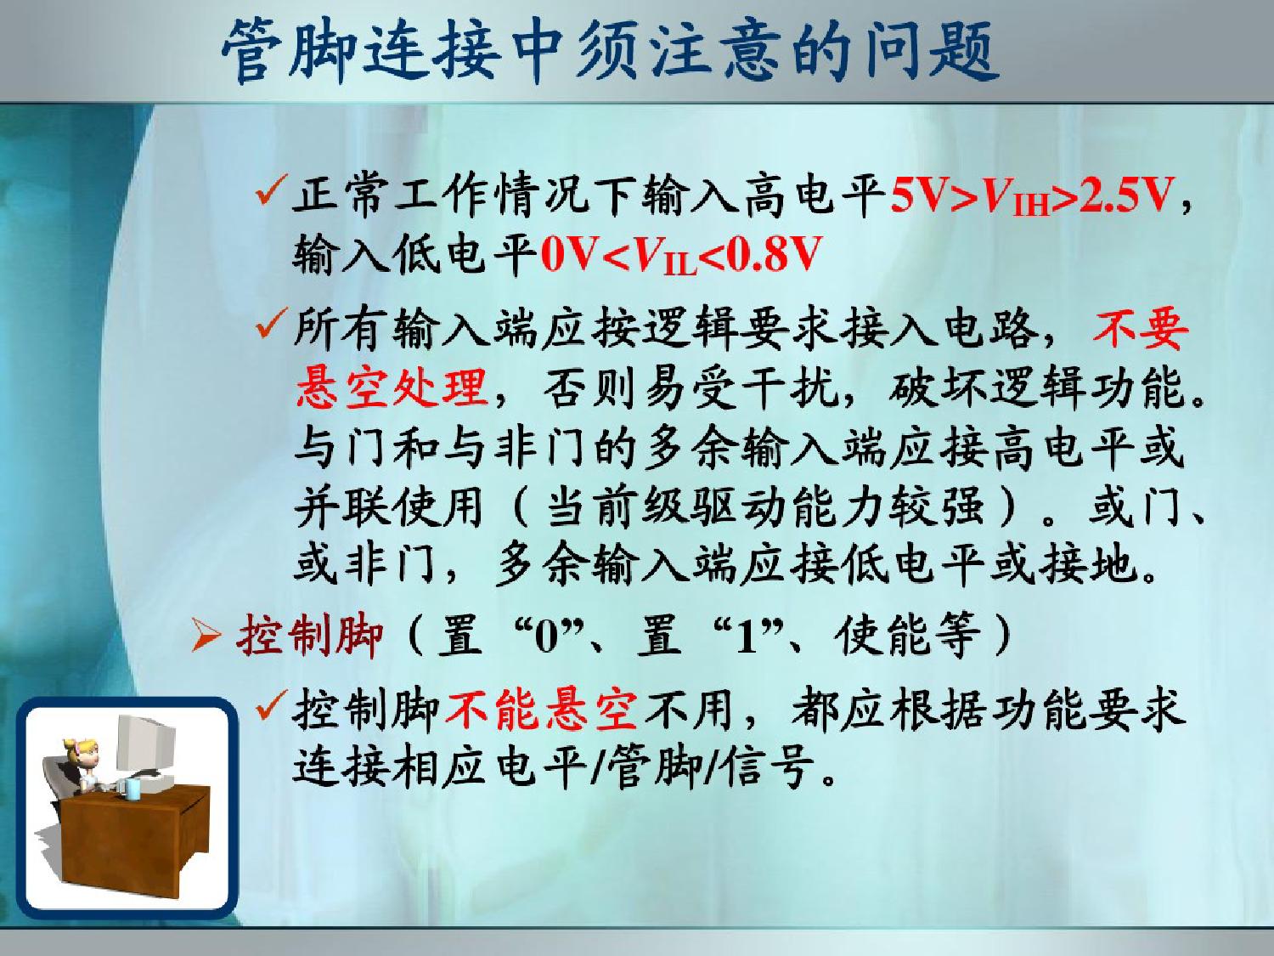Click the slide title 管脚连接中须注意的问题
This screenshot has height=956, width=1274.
pos(611,51)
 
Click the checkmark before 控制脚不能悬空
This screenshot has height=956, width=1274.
pos(271,704)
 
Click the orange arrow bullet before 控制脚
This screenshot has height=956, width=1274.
pos(206,637)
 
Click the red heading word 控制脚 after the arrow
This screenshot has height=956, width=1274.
pos(309,636)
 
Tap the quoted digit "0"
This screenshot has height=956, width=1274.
pos(545,637)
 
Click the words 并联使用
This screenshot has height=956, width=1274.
pos(389,506)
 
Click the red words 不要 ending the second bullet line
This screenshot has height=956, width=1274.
pos(1140,329)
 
